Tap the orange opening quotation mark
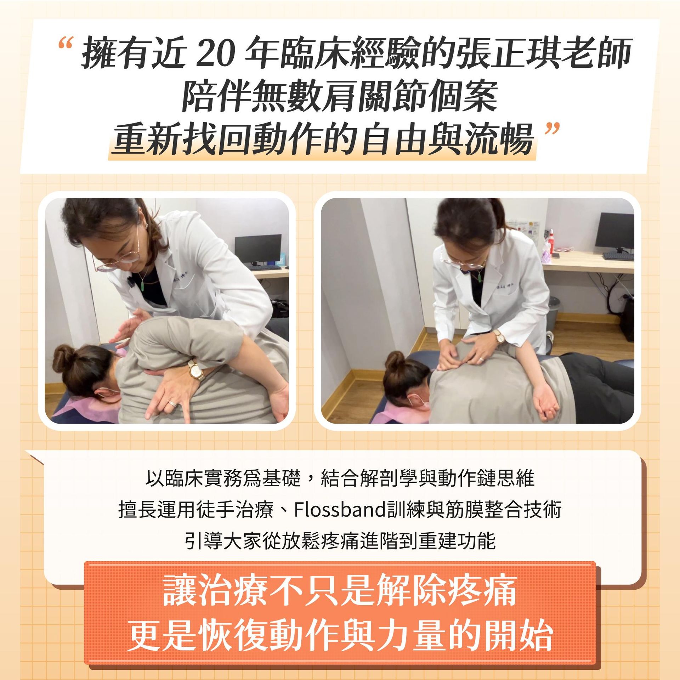(x=66, y=43)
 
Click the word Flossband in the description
(x=340, y=510)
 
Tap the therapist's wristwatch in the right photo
(x=499, y=336)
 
